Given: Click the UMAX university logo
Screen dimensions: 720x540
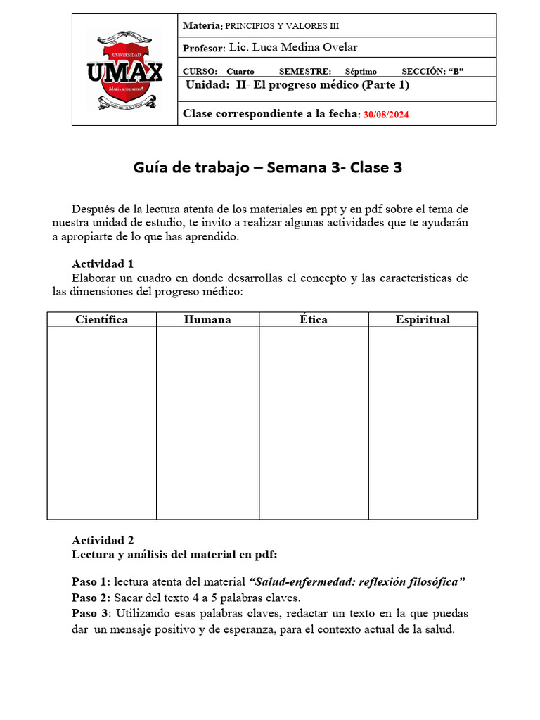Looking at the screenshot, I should click(124, 70).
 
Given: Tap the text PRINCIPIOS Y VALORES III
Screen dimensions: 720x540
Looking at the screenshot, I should click(281, 25).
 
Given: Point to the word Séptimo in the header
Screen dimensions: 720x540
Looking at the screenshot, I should click(361, 71).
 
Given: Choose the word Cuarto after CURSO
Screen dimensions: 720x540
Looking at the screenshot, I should click(240, 71).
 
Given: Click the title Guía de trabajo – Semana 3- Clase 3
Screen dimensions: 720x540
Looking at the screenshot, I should click(268, 168).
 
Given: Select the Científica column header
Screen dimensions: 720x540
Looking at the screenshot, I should click(102, 319).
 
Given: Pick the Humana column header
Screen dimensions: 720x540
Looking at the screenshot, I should click(207, 319).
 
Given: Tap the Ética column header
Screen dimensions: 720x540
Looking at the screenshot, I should click(314, 319).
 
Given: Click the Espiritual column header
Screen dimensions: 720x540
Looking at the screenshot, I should click(423, 319).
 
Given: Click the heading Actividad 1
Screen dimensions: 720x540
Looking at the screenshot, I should click(103, 264).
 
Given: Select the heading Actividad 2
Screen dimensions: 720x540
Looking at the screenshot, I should click(103, 540).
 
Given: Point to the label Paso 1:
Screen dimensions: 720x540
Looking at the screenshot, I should click(91, 581).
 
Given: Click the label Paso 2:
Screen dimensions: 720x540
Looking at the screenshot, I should click(91, 598).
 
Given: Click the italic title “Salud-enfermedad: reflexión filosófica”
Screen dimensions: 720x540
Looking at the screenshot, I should click(358, 581).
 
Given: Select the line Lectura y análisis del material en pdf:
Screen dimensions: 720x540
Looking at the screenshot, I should click(174, 554).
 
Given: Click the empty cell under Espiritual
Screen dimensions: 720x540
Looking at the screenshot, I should click(423, 422).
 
